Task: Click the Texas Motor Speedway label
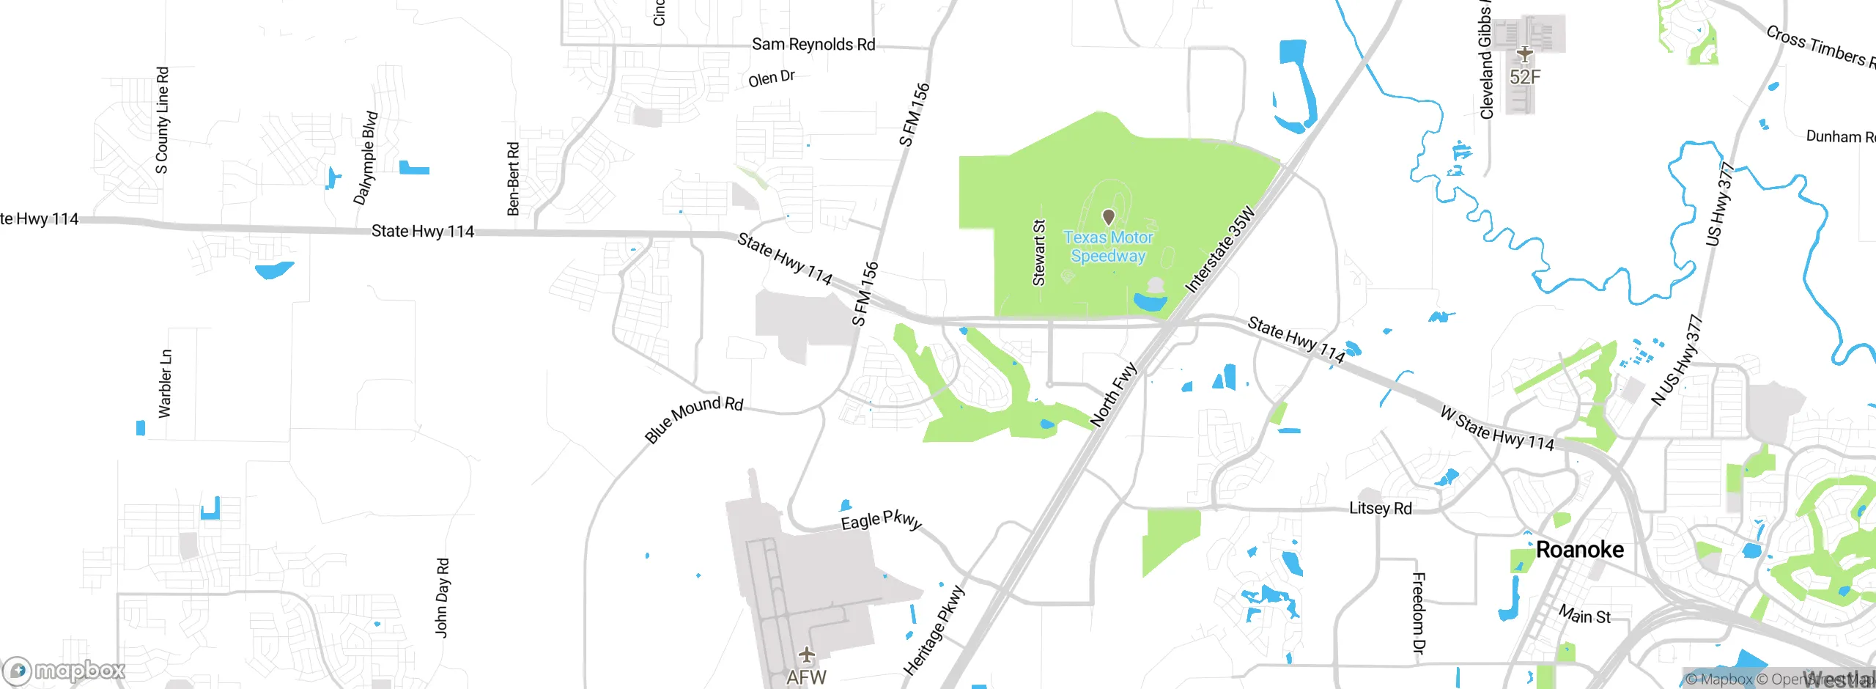pos(1108,247)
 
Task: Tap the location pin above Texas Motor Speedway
pos(1109,217)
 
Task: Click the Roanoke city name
pos(1579,550)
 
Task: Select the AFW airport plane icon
pos(807,655)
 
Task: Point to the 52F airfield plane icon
pos(1525,54)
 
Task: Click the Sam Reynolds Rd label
pos(813,45)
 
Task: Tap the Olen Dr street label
pos(772,78)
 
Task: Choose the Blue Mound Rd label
pos(693,419)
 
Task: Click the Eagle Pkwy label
pos(881,520)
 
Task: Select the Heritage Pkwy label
pos(934,630)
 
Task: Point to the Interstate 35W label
pos(1220,251)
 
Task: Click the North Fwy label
pos(1113,394)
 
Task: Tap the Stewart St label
pos(1038,252)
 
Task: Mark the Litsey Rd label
pos(1381,508)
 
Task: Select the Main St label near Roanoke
pos(1584,615)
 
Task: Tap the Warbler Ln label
pos(166,383)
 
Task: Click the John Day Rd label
pos(442,597)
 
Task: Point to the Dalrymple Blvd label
pos(366,158)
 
